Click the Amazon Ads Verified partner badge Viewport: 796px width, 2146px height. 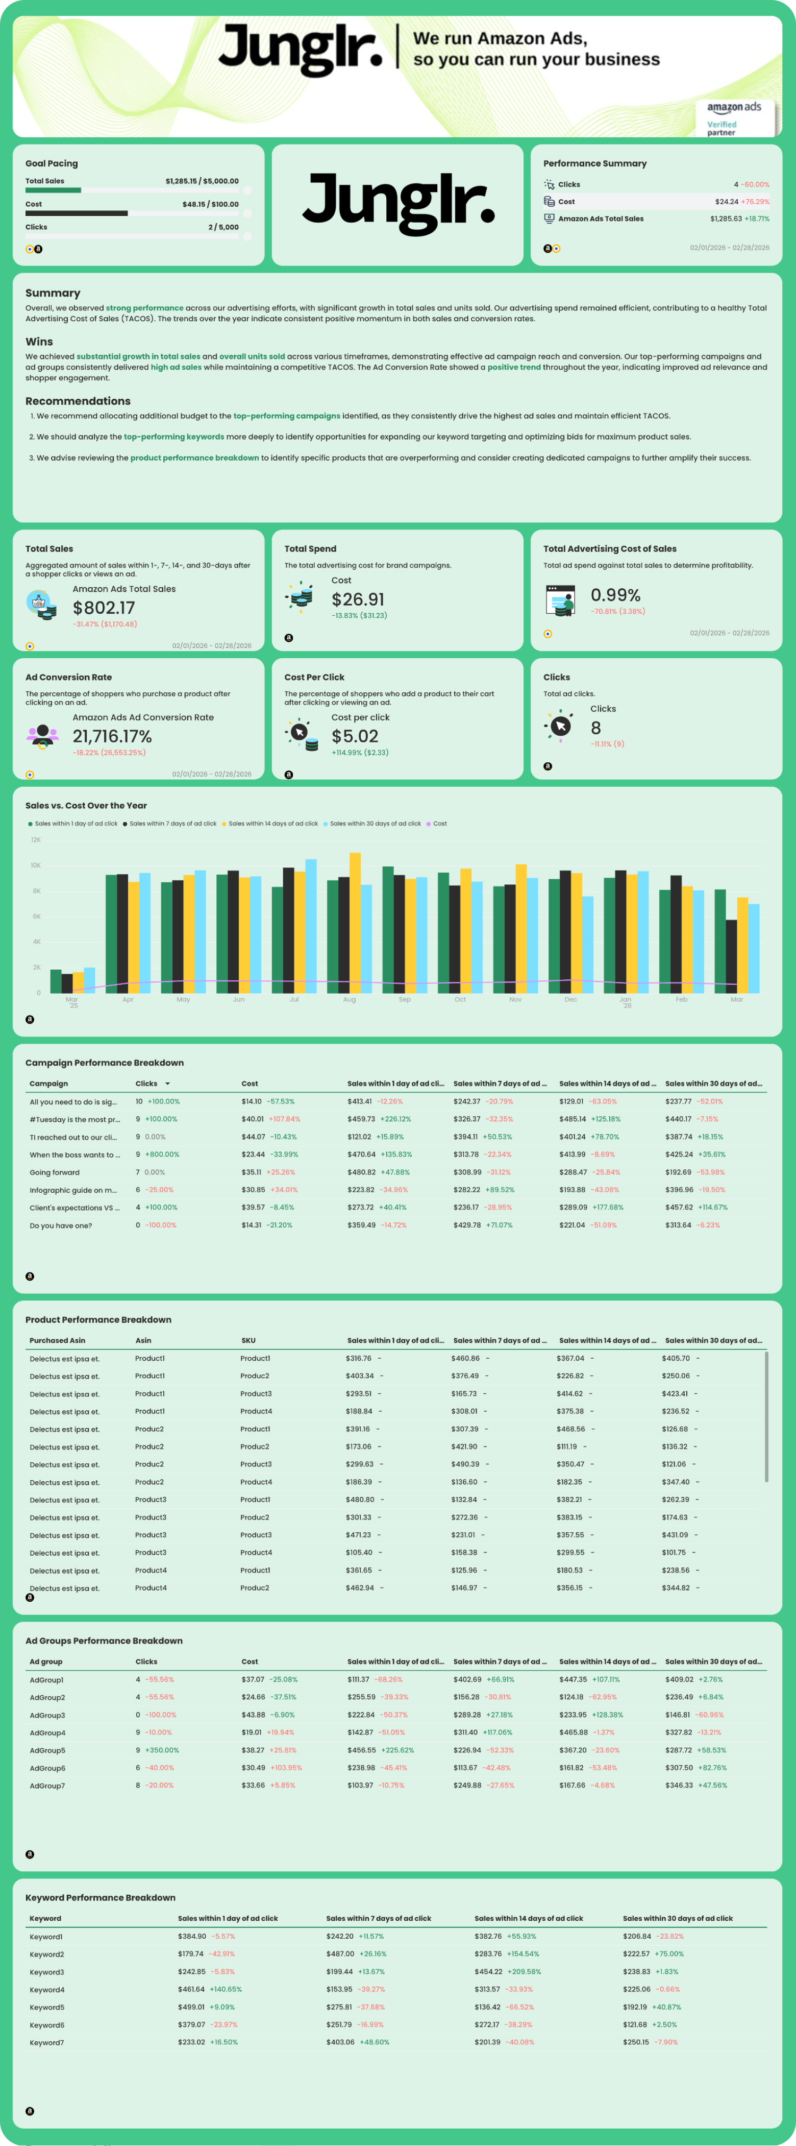pos(734,117)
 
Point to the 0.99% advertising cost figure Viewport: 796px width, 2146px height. pos(615,595)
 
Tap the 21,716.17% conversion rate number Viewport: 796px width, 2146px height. pos(112,736)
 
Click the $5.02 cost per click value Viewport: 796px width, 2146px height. pos(355,736)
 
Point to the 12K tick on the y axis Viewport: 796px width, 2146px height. pos(36,840)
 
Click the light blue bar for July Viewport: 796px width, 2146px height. pos(311,926)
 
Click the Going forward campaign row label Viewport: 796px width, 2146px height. pos(55,1172)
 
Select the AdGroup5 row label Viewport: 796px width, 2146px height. pos(47,1750)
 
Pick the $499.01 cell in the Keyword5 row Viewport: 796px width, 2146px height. pos(191,2007)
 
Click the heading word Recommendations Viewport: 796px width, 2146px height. pos(78,401)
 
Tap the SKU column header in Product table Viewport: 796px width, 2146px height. pos(248,1340)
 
